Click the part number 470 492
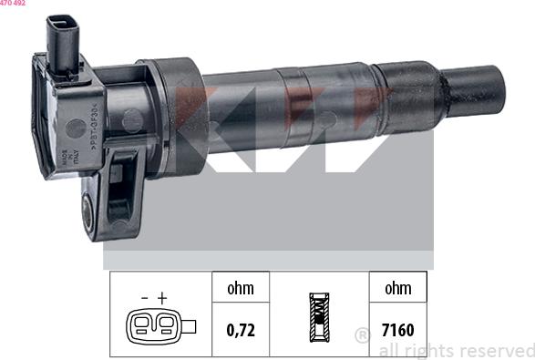pos(13,4)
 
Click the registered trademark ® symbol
pos(362,335)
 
